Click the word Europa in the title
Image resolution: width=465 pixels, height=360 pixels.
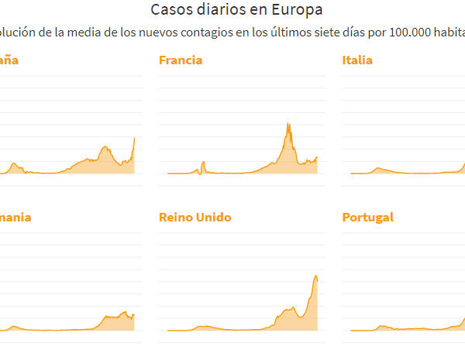(296, 10)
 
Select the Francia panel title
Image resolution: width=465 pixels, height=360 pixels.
(181, 60)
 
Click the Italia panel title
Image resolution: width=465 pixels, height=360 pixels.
(357, 60)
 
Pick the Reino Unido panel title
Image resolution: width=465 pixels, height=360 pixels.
(195, 218)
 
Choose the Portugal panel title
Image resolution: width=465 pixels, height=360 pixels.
(368, 218)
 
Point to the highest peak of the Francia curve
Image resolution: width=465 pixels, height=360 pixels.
(288, 124)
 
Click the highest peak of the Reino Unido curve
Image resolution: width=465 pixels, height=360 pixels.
(316, 276)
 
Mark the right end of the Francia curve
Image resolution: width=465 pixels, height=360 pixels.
(317, 157)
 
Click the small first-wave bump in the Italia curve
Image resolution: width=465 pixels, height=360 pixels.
(377, 168)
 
